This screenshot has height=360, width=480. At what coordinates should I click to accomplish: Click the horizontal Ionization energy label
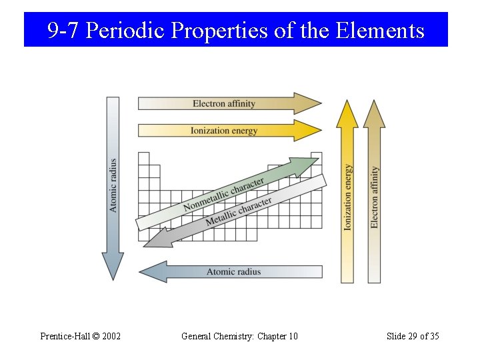click(224, 131)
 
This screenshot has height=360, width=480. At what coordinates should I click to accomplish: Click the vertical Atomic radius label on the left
click(113, 185)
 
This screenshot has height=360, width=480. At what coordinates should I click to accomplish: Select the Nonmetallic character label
click(223, 194)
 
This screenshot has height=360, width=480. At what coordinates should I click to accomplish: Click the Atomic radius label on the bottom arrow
click(233, 272)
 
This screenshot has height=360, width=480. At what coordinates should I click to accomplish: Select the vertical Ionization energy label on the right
click(348, 198)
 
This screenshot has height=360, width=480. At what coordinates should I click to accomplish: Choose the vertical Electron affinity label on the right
click(375, 197)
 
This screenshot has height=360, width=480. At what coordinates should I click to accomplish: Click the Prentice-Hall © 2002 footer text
click(80, 336)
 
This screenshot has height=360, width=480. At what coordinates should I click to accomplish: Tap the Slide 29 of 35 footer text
click(413, 336)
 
